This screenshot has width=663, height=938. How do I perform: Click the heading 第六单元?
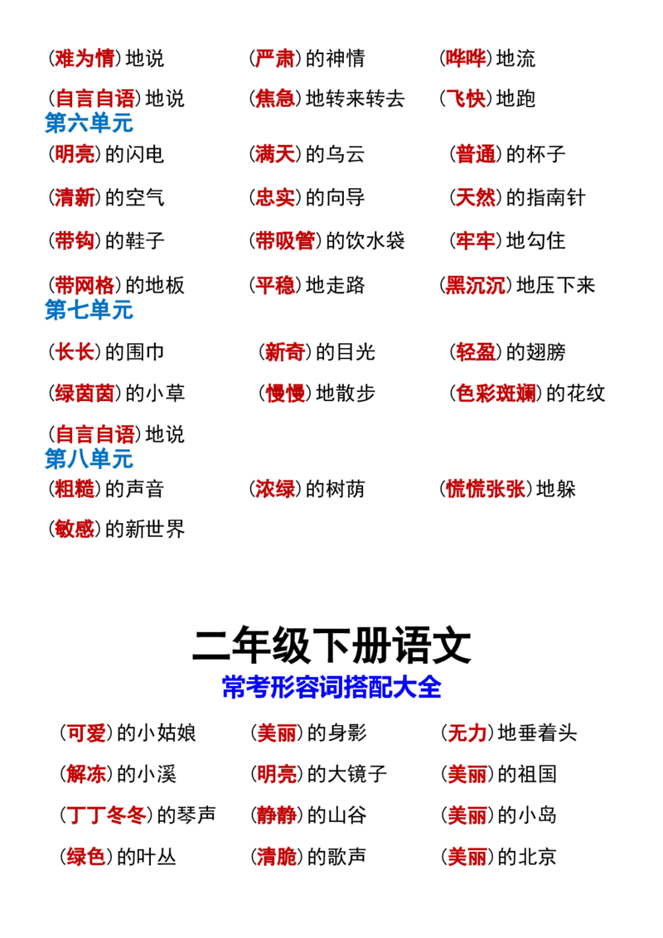coord(90,123)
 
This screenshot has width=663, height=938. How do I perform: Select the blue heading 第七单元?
coord(90,310)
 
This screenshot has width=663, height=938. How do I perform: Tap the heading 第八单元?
coord(90,459)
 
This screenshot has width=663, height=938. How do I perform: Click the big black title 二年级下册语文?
coord(331,646)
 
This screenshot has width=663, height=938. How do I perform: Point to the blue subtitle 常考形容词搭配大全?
coord(331,688)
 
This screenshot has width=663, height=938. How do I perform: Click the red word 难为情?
coord(85,59)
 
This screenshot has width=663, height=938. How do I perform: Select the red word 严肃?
coord(275,59)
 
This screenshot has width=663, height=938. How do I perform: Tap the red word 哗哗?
coord(466,59)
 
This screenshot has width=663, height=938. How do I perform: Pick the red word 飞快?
coord(466,99)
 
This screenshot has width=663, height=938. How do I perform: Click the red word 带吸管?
coord(285,241)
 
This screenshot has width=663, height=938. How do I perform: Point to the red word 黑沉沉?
coord(475,285)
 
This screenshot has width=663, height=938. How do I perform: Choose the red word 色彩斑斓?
coord(496,394)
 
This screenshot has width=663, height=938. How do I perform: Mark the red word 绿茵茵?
coord(85,394)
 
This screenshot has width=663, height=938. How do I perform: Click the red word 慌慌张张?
coord(486,490)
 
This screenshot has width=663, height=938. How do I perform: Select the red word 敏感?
coord(75,529)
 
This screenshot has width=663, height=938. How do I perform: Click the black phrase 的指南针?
coord(545,198)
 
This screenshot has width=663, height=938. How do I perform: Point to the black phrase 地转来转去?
coord(356,99)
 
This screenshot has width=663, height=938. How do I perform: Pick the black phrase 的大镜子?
coord(347,774)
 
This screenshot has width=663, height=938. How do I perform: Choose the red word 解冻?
coord(86,774)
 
